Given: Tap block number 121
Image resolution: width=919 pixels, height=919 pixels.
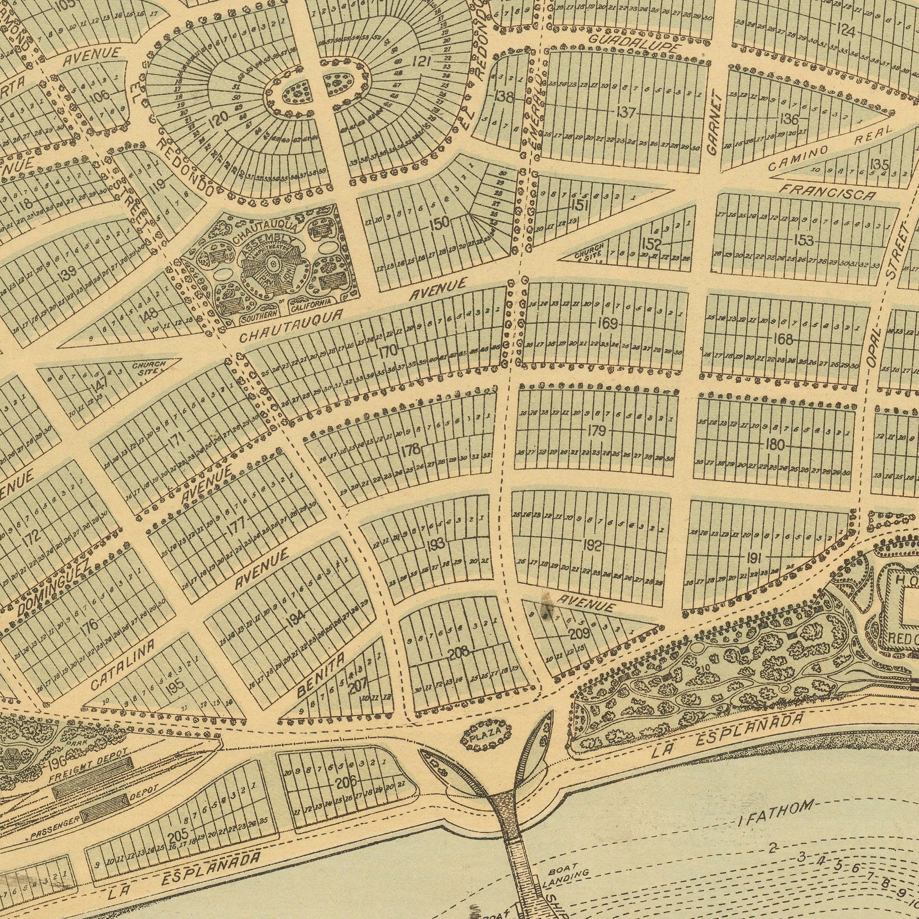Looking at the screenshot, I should tap(421, 61).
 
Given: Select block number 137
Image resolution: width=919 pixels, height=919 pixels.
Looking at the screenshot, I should tap(626, 113).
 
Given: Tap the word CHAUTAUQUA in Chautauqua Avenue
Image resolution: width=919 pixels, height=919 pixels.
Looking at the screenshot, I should tap(291, 326).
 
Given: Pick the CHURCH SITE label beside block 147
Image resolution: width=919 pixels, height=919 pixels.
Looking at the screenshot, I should tap(149, 368).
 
